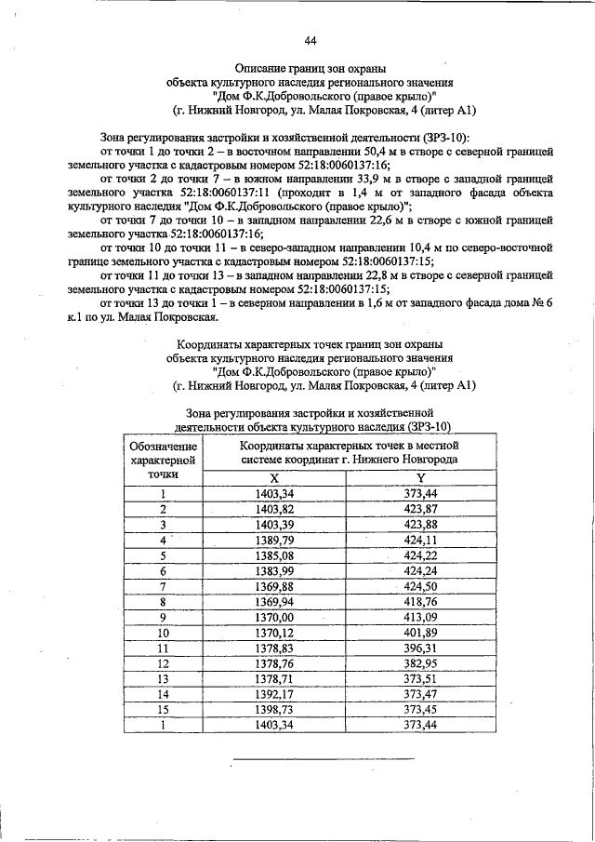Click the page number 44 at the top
coord(311,39)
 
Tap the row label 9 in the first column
coord(163,616)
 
